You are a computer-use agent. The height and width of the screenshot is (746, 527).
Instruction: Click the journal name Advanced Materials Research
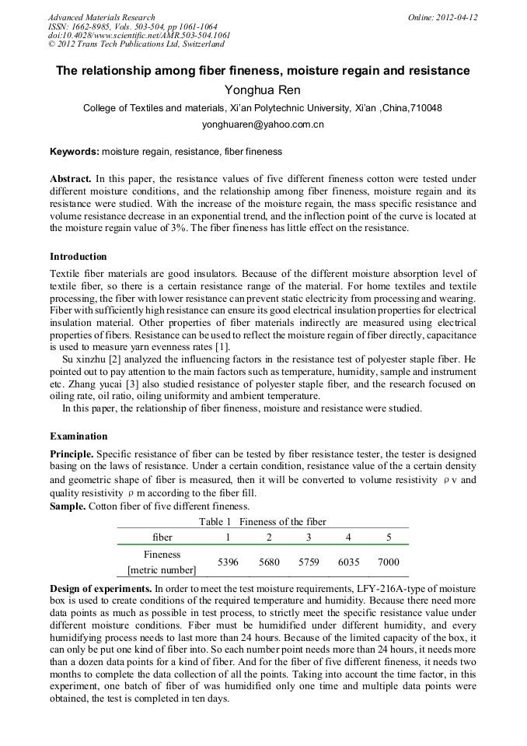pyautogui.click(x=101, y=17)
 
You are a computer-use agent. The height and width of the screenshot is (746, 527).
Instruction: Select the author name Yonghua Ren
pyautogui.click(x=263, y=90)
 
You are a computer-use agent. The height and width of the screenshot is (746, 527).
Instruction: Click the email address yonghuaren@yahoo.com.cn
pyautogui.click(x=263, y=124)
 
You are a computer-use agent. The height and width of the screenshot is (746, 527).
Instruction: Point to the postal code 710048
pyautogui.click(x=427, y=108)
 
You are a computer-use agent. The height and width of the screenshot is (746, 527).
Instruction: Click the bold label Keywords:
pyautogui.click(x=74, y=152)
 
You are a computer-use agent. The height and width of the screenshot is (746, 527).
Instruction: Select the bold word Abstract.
pyautogui.click(x=71, y=178)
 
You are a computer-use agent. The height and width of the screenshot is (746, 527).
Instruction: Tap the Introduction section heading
pyautogui.click(x=79, y=256)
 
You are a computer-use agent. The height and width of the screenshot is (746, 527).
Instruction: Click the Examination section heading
pyautogui.click(x=79, y=436)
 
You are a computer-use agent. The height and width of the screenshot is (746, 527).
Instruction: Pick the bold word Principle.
pyautogui.click(x=72, y=454)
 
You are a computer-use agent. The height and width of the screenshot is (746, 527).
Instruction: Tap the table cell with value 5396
pyautogui.click(x=228, y=562)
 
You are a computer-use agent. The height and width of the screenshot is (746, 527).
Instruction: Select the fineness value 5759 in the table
pyautogui.click(x=309, y=562)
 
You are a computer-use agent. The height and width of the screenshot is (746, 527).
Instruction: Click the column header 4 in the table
pyautogui.click(x=348, y=537)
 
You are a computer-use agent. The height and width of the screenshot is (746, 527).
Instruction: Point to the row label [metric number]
pyautogui.click(x=162, y=569)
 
